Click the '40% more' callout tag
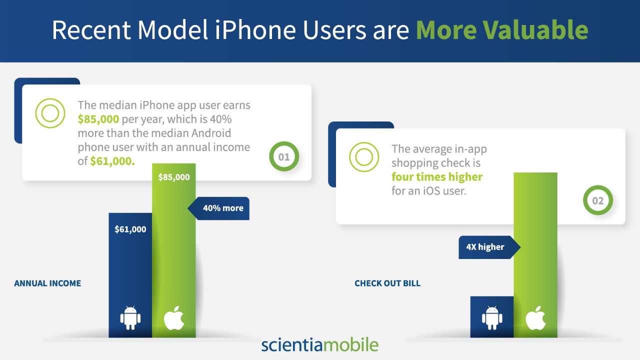218,208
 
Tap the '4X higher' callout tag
489,247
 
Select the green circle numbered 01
284,156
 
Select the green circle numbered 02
598,200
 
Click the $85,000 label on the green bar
174,177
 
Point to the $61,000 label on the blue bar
130,229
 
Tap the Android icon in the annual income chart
130,317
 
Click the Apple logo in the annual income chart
174,317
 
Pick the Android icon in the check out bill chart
492,317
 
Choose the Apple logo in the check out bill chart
535,317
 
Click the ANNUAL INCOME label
47,283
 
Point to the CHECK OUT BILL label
387,283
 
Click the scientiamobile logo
320,344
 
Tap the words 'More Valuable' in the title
502,30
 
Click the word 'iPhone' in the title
255,30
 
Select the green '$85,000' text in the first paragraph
98,119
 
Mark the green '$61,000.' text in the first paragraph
112,161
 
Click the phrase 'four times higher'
437,177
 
